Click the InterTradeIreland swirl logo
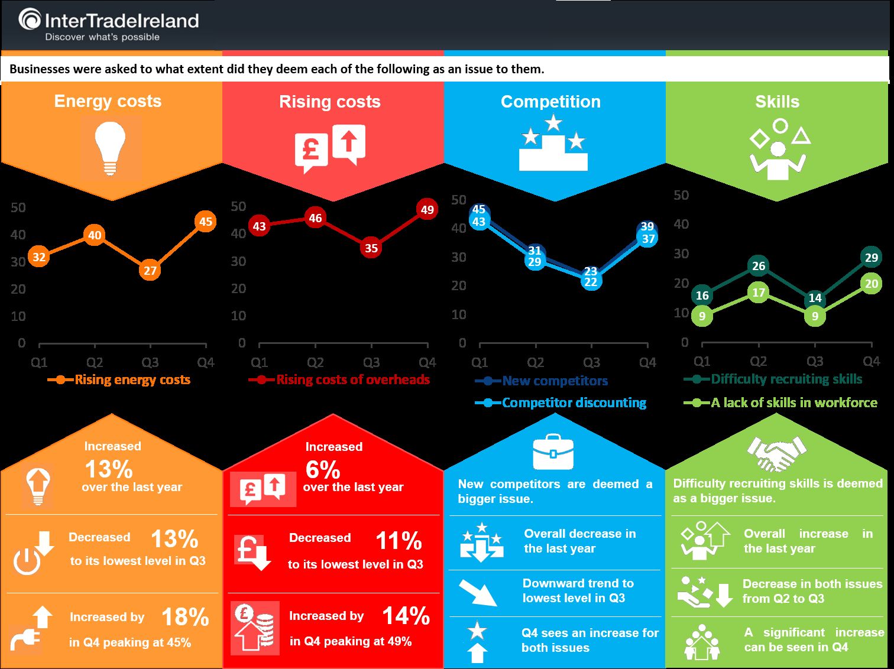(30, 20)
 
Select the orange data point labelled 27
(150, 271)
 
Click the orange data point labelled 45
(205, 222)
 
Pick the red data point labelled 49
(427, 210)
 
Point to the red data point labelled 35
(371, 248)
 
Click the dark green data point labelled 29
(871, 257)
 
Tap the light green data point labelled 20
(871, 284)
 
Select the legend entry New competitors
(541, 381)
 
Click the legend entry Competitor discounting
(561, 403)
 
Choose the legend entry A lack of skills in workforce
(780, 403)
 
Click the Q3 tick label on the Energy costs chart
(150, 362)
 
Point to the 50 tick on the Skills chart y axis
(681, 195)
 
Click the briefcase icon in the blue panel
(553, 452)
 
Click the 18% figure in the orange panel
(185, 617)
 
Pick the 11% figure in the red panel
(399, 541)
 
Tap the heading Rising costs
(330, 102)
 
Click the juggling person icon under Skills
(779, 150)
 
